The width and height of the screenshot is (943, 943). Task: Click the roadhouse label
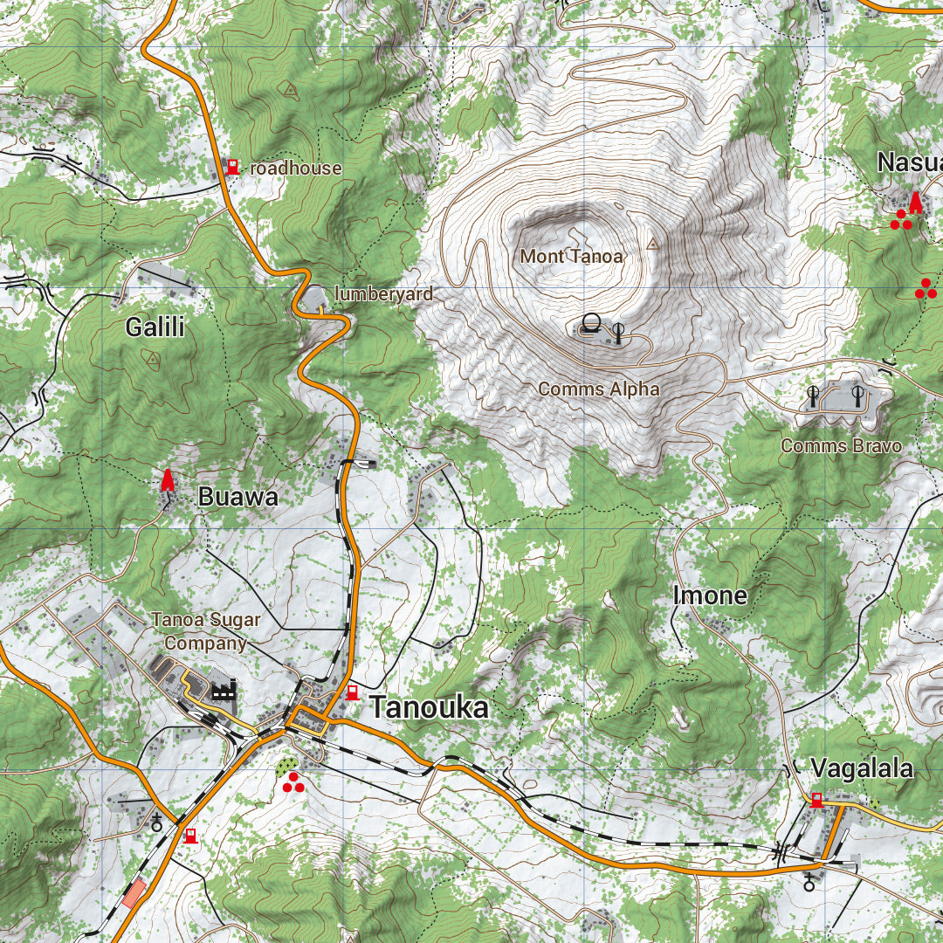click(x=295, y=168)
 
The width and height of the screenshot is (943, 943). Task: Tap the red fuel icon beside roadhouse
click(x=232, y=166)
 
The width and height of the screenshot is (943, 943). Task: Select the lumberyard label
click(x=383, y=294)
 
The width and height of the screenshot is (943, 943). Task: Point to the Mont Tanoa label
click(x=572, y=256)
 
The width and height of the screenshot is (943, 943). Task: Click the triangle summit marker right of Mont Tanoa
click(x=652, y=244)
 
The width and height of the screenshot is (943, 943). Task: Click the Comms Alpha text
click(x=599, y=389)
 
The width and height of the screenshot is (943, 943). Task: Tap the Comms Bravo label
click(x=841, y=445)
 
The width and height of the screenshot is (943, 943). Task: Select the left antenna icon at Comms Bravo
click(x=813, y=396)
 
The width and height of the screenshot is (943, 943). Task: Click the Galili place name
click(x=155, y=327)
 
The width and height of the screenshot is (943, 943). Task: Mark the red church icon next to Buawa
click(x=167, y=480)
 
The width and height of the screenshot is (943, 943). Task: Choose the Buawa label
click(x=237, y=497)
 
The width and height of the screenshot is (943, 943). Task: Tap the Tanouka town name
click(x=429, y=708)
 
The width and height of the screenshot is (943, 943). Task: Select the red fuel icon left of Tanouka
click(x=352, y=692)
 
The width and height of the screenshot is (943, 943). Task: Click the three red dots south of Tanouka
click(x=293, y=782)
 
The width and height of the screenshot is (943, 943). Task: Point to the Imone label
click(x=710, y=595)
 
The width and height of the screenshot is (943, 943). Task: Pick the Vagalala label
click(x=862, y=768)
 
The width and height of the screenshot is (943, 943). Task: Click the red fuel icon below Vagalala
click(x=816, y=799)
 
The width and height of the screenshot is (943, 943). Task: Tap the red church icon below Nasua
click(x=915, y=203)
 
